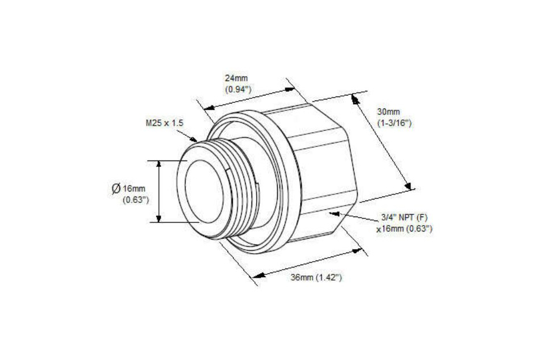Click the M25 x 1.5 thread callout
(x=165, y=123)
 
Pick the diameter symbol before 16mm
(x=116, y=189)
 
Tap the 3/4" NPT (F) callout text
(x=405, y=218)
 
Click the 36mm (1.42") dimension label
(x=316, y=278)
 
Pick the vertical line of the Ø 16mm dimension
(x=159, y=191)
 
